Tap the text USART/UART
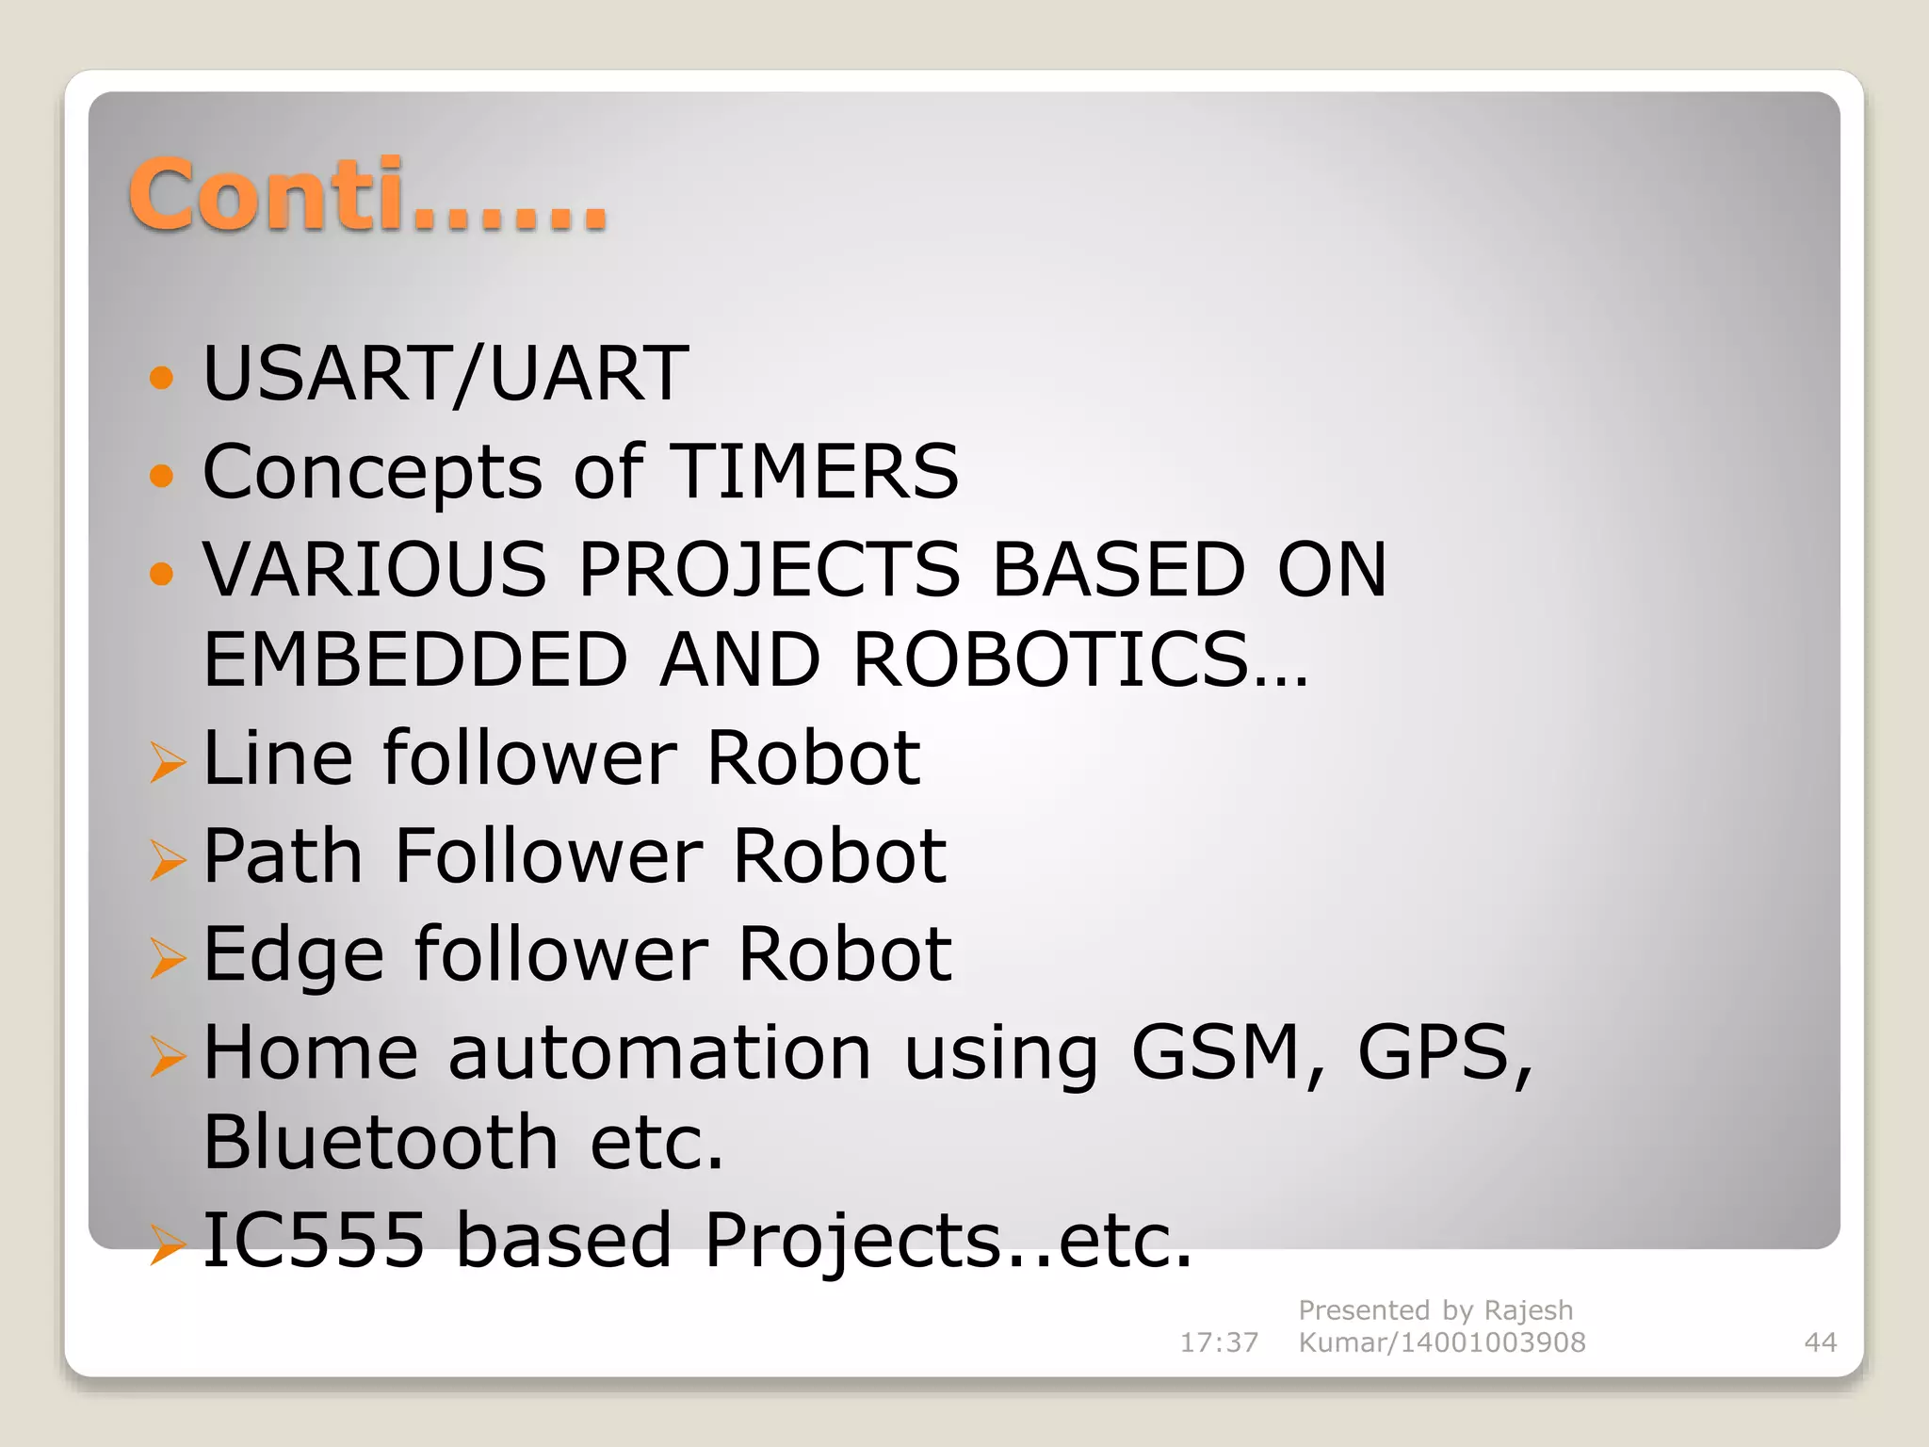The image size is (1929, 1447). (x=446, y=373)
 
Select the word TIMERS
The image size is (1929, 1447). (x=814, y=471)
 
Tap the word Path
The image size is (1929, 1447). (x=283, y=855)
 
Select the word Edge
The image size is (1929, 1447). (x=293, y=954)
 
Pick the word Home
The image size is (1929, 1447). (x=310, y=1052)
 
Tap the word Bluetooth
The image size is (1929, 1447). (x=381, y=1142)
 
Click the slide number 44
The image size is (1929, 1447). (x=1820, y=1342)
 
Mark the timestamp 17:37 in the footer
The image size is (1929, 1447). (x=1219, y=1342)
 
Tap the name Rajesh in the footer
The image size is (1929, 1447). (x=1528, y=1310)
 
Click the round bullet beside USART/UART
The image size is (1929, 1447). (x=162, y=378)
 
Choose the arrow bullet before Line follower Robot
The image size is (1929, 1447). (x=168, y=762)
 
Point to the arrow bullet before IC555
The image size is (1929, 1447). (x=168, y=1244)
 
